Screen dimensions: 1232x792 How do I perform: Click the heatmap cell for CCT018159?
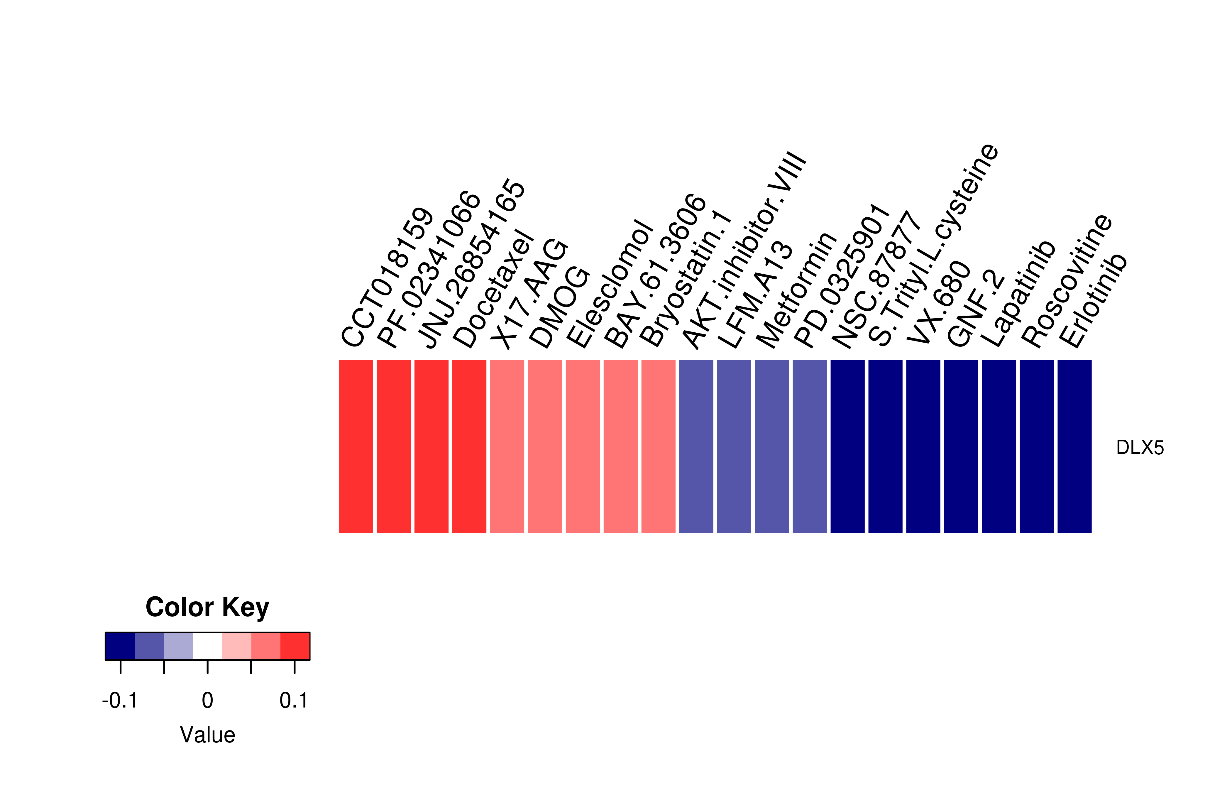(356, 446)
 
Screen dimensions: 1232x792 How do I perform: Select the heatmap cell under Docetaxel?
(469, 446)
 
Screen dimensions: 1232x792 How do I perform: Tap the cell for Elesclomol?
(583, 446)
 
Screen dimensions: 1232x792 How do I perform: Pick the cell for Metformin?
(772, 446)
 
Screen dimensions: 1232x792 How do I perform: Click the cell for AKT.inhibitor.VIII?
(696, 446)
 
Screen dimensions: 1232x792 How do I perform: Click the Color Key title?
(207, 607)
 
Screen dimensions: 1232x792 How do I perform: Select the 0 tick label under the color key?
(207, 700)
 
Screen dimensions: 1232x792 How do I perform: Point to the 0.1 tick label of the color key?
(294, 700)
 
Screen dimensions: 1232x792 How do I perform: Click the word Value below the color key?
(207, 735)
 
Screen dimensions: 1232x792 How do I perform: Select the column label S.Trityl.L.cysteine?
(934, 244)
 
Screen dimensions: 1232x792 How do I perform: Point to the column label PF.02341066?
(429, 270)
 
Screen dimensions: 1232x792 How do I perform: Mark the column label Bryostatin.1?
(686, 278)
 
